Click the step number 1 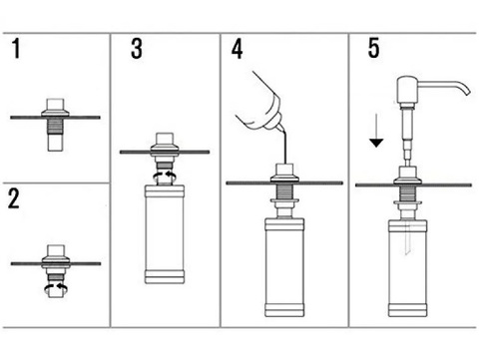click(x=16, y=49)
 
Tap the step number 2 click(x=14, y=198)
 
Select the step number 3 click(x=137, y=49)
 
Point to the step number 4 click(x=237, y=49)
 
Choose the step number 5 click(x=373, y=49)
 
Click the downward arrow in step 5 click(x=376, y=131)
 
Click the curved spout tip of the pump click(x=467, y=91)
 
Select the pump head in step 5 click(x=407, y=89)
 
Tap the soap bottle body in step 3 click(x=165, y=234)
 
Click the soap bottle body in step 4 click(x=284, y=267)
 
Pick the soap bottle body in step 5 click(x=408, y=268)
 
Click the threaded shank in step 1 click(x=56, y=126)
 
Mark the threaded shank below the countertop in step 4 click(x=284, y=191)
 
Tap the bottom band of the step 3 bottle click(x=165, y=276)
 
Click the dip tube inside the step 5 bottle click(x=407, y=238)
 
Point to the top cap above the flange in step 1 click(x=56, y=104)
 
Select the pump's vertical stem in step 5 click(x=407, y=136)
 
